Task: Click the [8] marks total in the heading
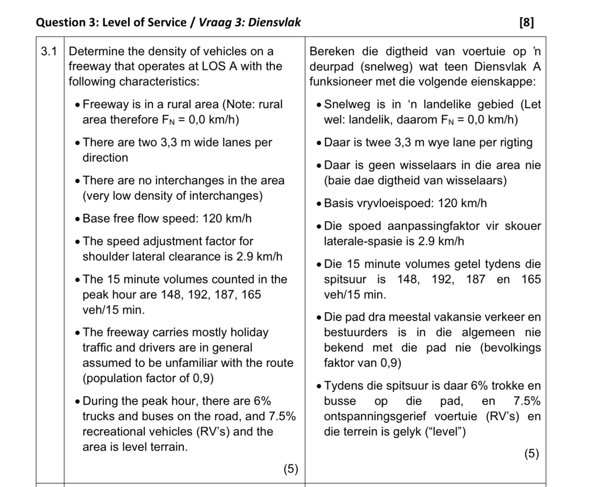(x=526, y=22)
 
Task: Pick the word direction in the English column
(x=105, y=158)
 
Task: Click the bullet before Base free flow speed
(x=77, y=219)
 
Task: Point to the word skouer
(x=521, y=226)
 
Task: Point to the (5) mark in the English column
(x=290, y=469)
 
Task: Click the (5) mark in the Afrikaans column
(x=532, y=454)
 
